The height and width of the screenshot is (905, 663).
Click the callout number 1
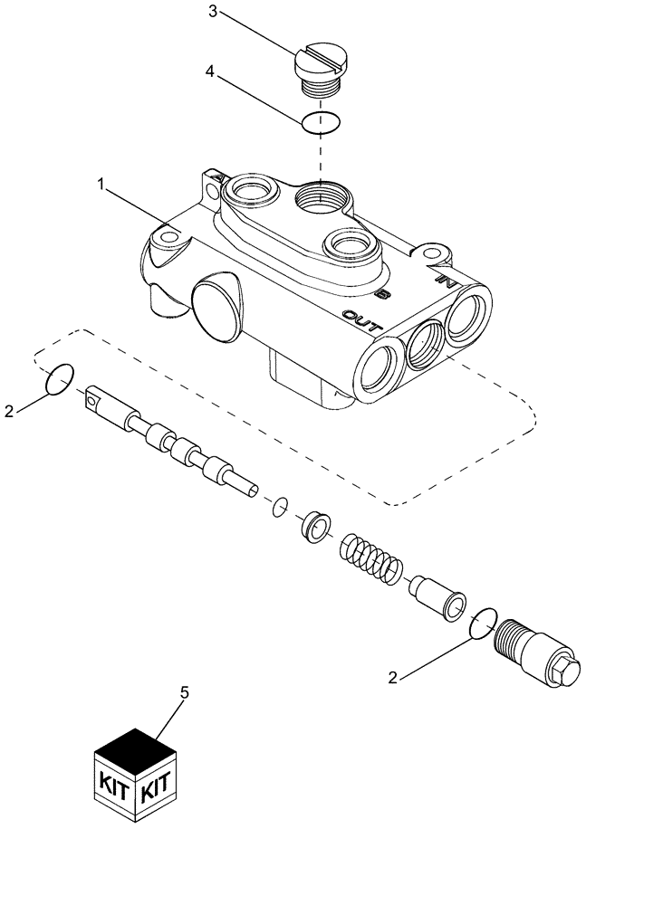click(x=102, y=184)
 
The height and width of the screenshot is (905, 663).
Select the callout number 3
click(x=212, y=12)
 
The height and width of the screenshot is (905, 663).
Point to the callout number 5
click(x=185, y=693)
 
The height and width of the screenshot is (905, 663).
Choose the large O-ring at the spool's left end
click(x=59, y=379)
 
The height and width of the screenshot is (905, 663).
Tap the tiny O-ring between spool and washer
click(x=281, y=507)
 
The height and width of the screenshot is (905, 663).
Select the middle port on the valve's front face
click(x=423, y=343)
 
